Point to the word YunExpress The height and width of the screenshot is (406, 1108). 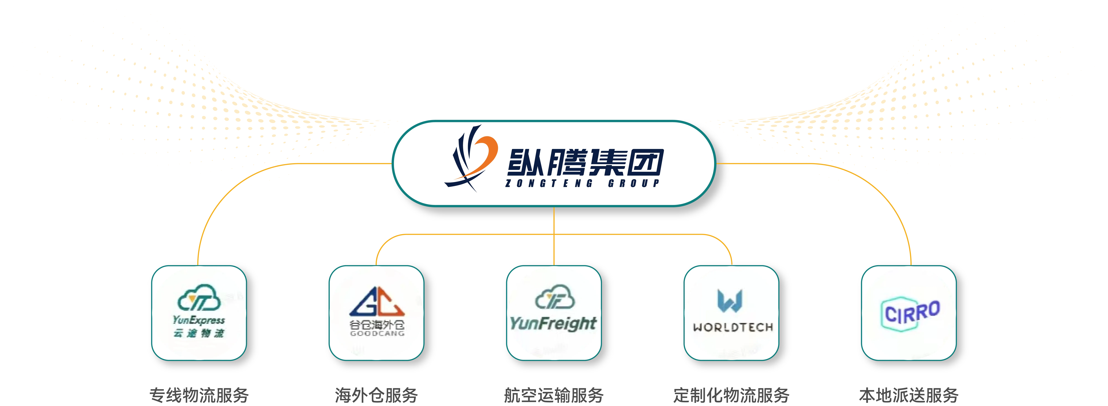pos(199,320)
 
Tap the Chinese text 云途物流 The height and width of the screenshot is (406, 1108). pos(199,333)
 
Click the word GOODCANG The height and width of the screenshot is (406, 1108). pos(377,333)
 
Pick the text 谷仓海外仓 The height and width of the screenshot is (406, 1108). pos(377,325)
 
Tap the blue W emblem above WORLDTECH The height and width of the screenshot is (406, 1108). pos(730,301)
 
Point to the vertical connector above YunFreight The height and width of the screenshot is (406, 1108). pos(554,249)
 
